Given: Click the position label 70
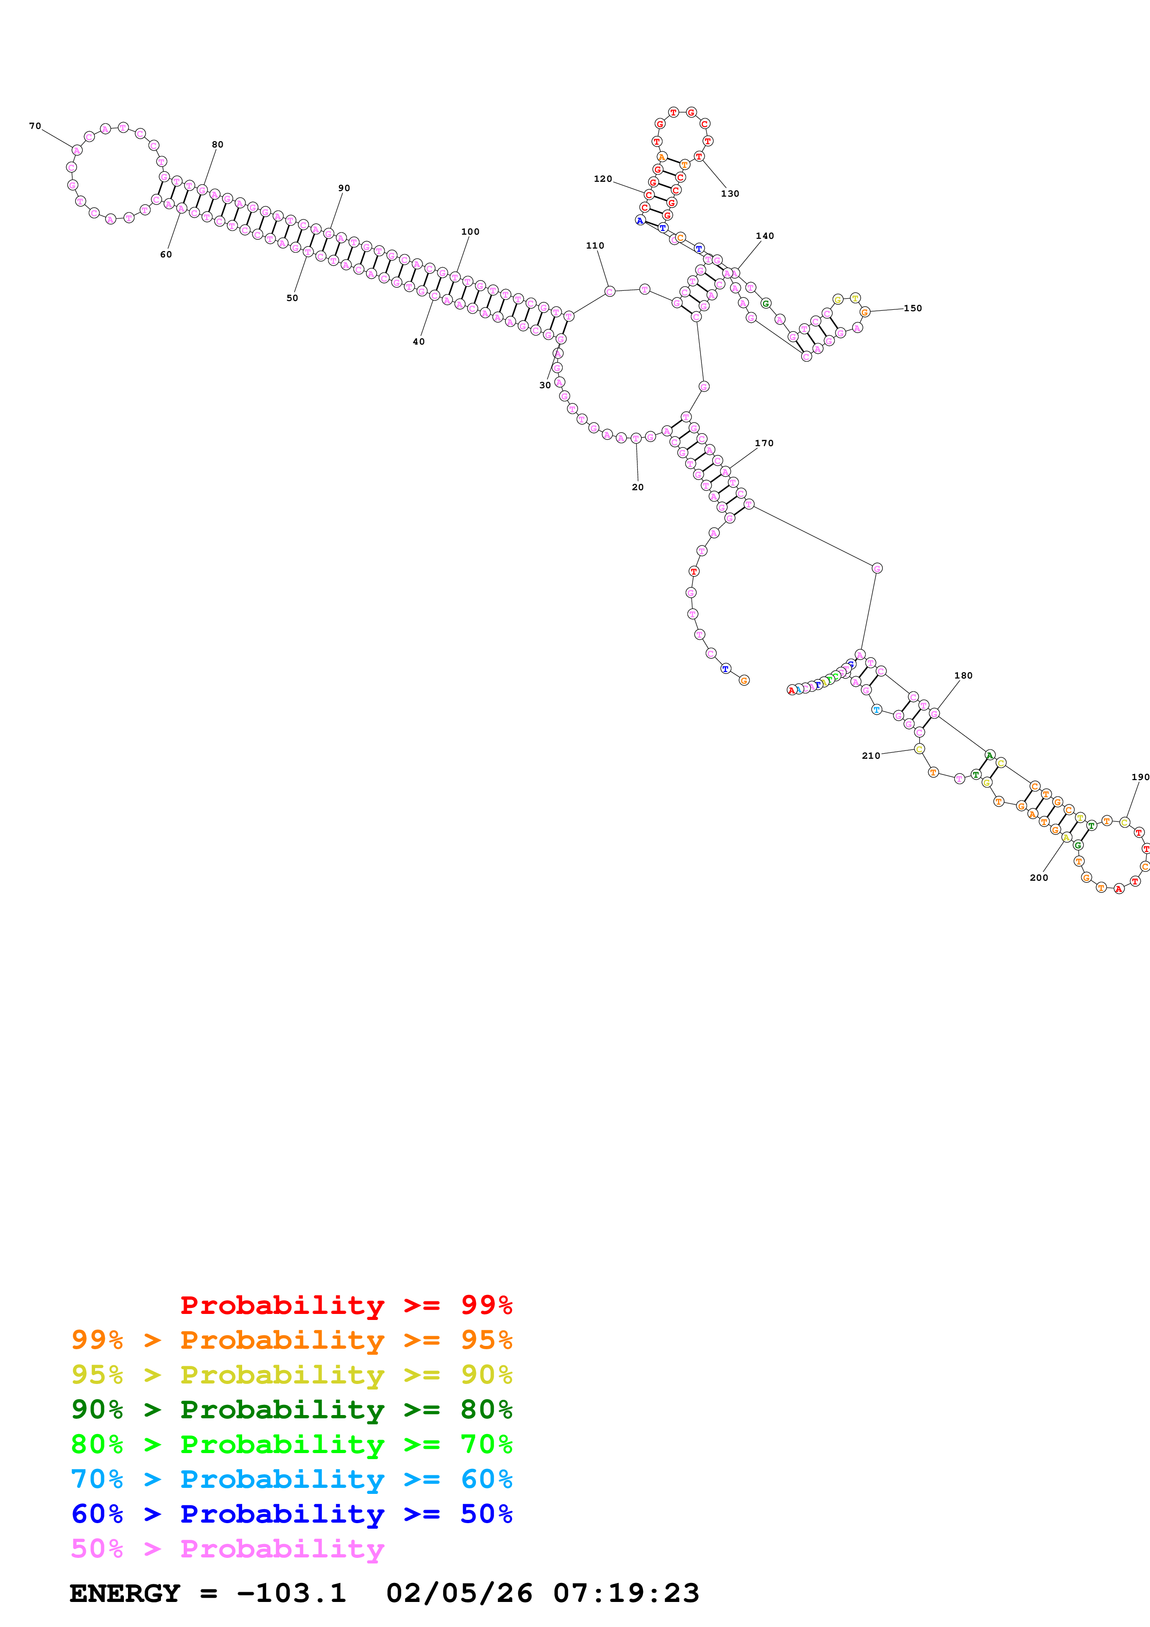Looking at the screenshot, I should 35,126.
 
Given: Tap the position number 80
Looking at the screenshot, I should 218,145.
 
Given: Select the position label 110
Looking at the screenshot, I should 595,246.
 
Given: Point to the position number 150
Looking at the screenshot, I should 912,308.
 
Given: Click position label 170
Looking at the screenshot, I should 764,443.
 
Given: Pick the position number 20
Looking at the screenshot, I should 638,487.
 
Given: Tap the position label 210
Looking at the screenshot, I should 871,756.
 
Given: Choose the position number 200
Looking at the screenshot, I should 1039,878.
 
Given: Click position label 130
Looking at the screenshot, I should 730,193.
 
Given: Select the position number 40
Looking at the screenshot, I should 419,341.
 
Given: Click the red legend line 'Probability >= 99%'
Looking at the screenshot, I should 346,1305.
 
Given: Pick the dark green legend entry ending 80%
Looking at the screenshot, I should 291,1409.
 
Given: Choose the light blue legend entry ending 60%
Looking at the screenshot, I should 291,1479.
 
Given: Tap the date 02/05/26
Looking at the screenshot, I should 459,1594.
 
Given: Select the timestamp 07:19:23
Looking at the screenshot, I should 626,1594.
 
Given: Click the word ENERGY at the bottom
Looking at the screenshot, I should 125,1594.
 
